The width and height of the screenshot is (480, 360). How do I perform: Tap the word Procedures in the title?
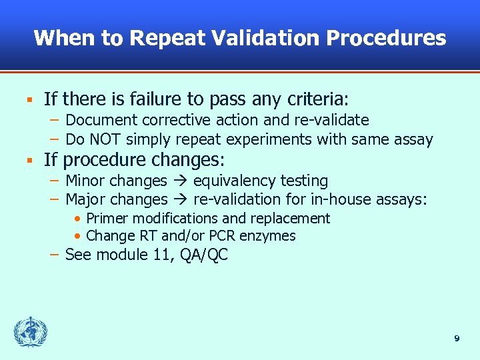[x=386, y=38]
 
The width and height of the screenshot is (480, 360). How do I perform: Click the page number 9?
[x=457, y=339]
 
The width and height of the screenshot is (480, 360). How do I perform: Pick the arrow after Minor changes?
[x=180, y=181]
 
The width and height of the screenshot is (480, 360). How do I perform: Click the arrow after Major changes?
[x=180, y=200]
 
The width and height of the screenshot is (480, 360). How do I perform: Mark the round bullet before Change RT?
[x=79, y=236]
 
